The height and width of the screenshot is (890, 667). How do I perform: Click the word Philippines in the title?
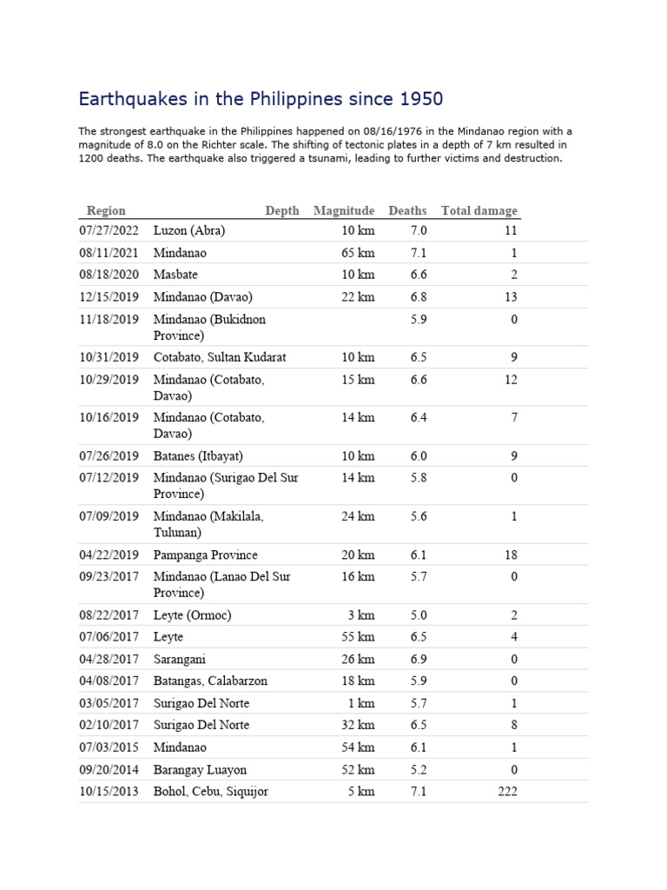pos(291,98)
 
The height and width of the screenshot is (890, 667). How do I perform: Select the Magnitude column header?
pos(344,210)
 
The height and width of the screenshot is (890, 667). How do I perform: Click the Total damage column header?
pos(479,210)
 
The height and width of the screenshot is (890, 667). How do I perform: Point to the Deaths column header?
pos(407,210)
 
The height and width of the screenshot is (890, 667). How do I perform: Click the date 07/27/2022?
pos(109,231)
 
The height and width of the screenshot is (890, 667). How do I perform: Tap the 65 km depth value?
pos(358,253)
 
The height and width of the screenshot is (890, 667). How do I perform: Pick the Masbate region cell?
pos(175,275)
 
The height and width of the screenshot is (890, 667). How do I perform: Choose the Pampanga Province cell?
pos(205,555)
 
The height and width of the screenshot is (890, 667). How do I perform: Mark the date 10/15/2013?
pos(109,791)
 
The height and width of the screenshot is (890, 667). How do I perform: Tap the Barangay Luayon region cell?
pos(200,769)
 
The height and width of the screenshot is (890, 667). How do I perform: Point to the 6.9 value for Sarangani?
pos(419,659)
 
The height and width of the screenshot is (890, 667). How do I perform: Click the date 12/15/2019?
pos(109,297)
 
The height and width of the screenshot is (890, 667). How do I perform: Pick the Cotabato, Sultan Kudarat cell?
pos(220,357)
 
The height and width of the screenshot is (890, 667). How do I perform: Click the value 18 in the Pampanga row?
pos(510,555)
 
